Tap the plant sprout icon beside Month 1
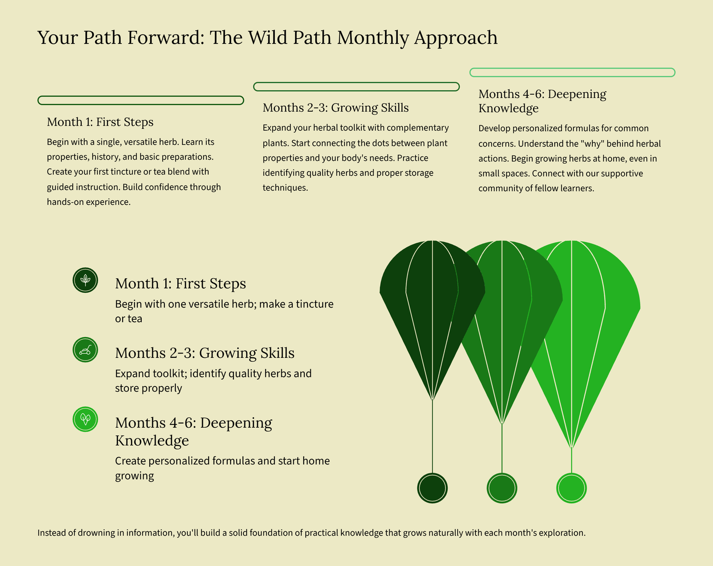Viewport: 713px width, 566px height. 85,280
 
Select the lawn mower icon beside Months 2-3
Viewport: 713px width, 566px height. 85,350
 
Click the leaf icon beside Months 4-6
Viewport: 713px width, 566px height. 85,419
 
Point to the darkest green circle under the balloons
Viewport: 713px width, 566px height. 433,488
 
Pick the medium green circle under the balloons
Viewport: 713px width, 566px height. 502,488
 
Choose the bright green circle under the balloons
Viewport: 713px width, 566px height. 571,488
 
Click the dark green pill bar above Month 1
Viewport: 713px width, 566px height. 141,100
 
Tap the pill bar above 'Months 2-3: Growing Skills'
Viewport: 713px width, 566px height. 356,86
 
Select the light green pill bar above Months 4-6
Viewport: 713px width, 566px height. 572,72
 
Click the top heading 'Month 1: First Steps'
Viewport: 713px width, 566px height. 100,122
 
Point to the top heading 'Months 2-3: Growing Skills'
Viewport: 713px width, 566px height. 336,108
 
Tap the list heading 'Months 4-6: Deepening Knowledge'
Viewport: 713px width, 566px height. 193,432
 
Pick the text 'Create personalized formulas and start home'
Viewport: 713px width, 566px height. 222,461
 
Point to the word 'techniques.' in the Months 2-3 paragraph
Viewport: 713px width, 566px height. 285,188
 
